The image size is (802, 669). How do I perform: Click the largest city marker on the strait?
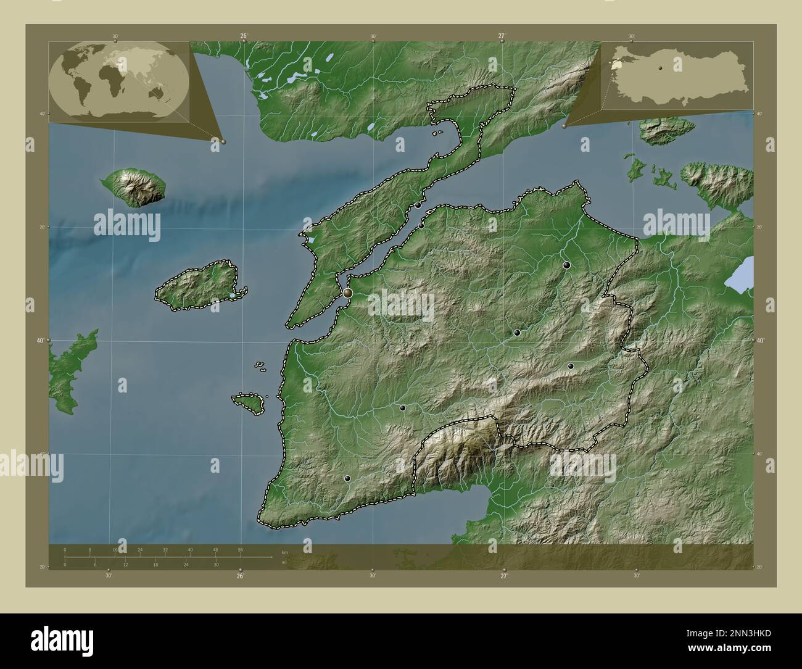pyautogui.click(x=348, y=293)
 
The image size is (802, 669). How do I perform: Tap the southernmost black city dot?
pyautogui.click(x=347, y=478)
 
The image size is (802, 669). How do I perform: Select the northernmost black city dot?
pyautogui.click(x=418, y=205)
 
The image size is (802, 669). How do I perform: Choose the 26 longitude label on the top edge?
pyautogui.click(x=244, y=36)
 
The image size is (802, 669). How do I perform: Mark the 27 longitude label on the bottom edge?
pyautogui.click(x=504, y=576)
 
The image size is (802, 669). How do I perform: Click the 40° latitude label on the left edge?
pyautogui.click(x=38, y=341)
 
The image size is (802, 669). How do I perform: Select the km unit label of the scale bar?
pyautogui.click(x=284, y=552)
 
